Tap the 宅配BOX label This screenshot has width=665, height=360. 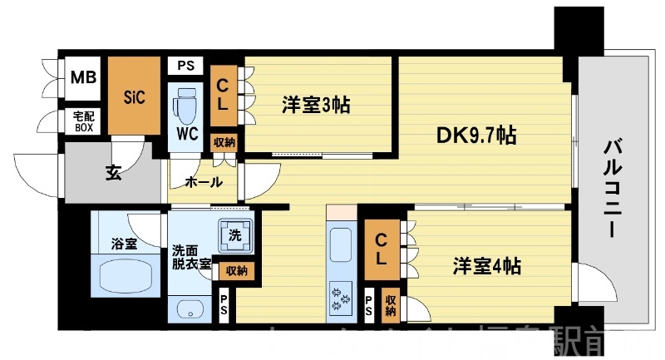pyautogui.click(x=83, y=122)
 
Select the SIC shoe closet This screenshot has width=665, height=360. pyautogui.click(x=135, y=97)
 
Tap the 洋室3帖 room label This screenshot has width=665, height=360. pyautogui.click(x=315, y=105)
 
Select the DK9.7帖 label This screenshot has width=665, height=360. pyautogui.click(x=477, y=136)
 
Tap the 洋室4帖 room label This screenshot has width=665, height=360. pyautogui.click(x=487, y=267)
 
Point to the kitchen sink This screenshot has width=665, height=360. pyautogui.click(x=342, y=248)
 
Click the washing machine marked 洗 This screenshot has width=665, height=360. pyautogui.click(x=234, y=235)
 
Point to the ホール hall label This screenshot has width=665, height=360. pyautogui.click(x=203, y=181)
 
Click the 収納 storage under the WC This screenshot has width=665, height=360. pyautogui.click(x=224, y=141)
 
